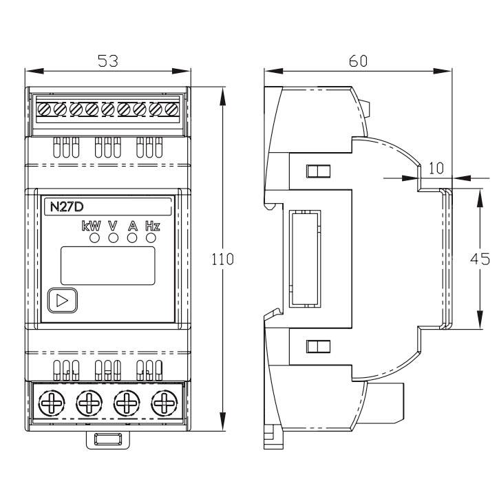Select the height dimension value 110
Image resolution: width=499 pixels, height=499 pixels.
click(x=224, y=259)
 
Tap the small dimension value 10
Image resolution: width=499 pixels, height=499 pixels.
click(x=436, y=167)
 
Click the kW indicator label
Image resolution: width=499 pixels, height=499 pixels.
click(x=92, y=225)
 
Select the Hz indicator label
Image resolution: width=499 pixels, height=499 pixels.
click(x=151, y=225)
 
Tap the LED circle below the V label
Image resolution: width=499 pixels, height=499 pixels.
click(x=113, y=238)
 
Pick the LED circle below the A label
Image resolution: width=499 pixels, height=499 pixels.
click(x=132, y=238)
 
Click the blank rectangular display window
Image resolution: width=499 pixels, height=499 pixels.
click(x=107, y=265)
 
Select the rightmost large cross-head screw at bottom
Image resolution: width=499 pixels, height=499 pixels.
click(x=164, y=401)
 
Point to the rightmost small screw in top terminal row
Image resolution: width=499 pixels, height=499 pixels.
click(x=171, y=109)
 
